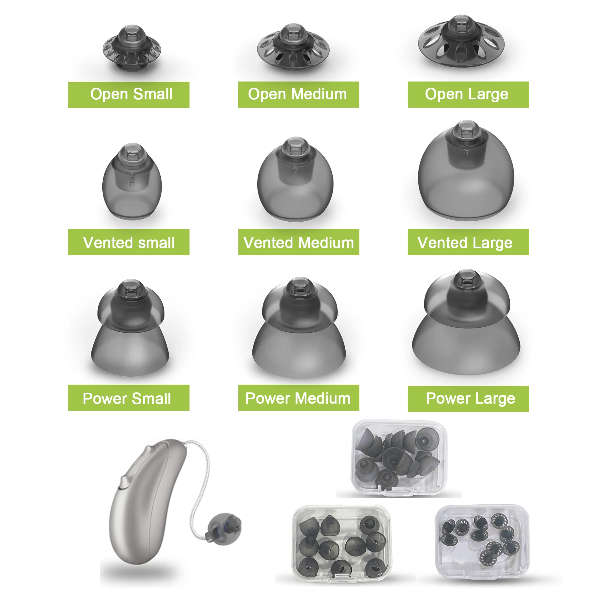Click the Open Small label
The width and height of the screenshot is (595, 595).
point(129,95)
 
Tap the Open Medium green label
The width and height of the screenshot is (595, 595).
point(298,95)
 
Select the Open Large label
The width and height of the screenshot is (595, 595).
point(468,95)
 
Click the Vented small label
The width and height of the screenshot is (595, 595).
point(129,242)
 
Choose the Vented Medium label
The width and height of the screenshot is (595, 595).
point(298,242)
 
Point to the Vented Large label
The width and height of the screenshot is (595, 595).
point(468,242)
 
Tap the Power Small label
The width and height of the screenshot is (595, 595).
point(129,397)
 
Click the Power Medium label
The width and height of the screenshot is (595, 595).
point(298,397)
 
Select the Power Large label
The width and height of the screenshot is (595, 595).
point(468,399)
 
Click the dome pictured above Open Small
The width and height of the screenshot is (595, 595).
point(131,49)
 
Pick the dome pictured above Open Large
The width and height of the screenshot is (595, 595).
point(461,43)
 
